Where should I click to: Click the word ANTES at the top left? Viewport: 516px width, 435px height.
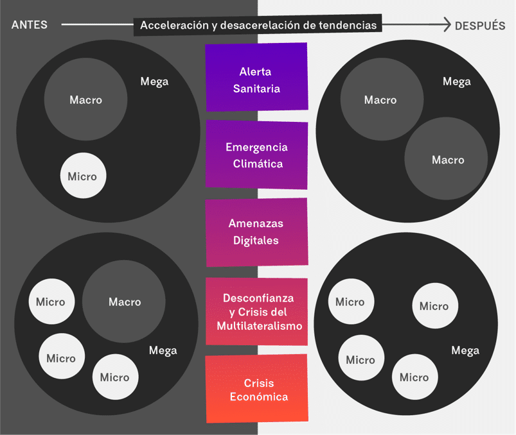pos(30,26)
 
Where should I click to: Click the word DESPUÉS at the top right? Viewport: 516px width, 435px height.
pos(480,26)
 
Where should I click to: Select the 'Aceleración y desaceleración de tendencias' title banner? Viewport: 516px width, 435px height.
pos(258,26)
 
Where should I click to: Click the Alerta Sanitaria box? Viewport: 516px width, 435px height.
pos(256,80)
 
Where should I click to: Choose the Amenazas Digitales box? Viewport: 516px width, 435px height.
pos(256,232)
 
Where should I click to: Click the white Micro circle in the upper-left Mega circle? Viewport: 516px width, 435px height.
pos(83,176)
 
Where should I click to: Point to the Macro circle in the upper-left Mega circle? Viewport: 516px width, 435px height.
pos(85,99)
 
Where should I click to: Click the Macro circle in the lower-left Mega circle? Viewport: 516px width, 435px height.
pos(124,302)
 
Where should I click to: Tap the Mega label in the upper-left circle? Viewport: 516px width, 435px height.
pos(154,81)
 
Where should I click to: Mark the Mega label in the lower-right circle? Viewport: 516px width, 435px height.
pos(465,350)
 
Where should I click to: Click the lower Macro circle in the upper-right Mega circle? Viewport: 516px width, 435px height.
pos(447,159)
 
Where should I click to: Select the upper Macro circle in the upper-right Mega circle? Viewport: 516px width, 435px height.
pos(380,99)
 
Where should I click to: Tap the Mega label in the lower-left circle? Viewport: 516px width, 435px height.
pos(163,350)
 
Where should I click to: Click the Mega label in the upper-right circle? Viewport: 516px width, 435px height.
pos(457,81)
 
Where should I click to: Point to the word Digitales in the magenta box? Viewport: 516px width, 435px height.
pos(256,241)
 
